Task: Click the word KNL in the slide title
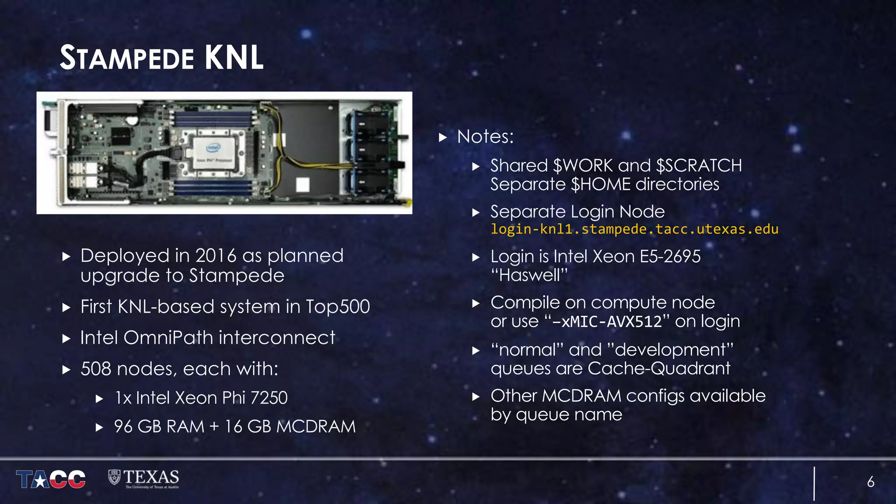(x=234, y=58)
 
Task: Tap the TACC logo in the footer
(x=51, y=479)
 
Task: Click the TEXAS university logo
(x=144, y=478)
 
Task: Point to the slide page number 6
(x=871, y=482)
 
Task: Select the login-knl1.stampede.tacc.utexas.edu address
(x=634, y=229)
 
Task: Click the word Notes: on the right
(x=485, y=136)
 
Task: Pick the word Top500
(x=338, y=307)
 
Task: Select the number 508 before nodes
(x=96, y=369)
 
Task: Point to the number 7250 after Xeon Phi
(x=269, y=398)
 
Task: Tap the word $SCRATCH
(x=699, y=166)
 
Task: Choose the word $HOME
(x=601, y=184)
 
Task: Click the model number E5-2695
(x=670, y=256)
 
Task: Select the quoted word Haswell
(x=529, y=275)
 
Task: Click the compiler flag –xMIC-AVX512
(x=607, y=322)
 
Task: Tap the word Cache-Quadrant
(x=659, y=368)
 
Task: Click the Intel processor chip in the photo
(x=214, y=154)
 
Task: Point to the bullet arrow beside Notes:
(x=443, y=137)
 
